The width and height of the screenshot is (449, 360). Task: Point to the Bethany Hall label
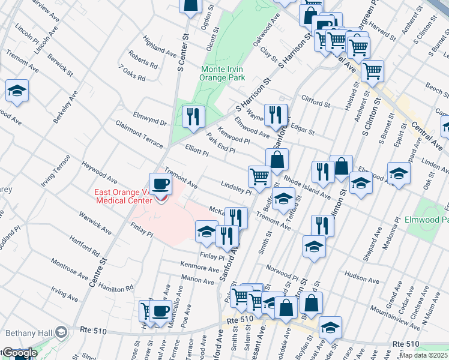point(28,332)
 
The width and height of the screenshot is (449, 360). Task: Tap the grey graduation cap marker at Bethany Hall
point(61,332)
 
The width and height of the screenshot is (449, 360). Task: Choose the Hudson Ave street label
point(362,279)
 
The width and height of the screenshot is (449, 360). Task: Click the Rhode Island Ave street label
point(307,187)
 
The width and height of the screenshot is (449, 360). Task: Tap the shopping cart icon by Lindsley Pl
point(259,176)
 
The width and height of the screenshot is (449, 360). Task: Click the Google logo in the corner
point(19,353)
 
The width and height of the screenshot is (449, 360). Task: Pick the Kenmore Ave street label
point(200,266)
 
